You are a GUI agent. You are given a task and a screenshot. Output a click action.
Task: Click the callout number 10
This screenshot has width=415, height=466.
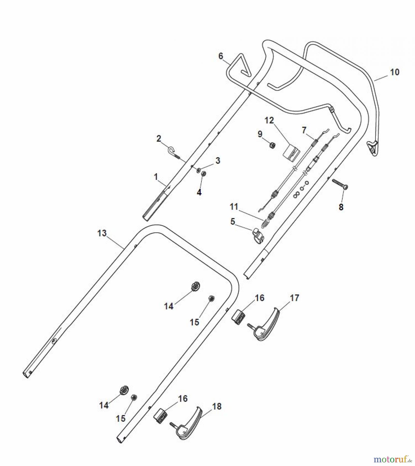[x=395, y=72]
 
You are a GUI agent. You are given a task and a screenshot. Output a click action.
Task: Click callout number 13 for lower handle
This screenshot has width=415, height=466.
[x=102, y=233]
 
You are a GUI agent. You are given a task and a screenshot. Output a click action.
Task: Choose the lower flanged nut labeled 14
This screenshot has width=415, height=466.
[x=124, y=390]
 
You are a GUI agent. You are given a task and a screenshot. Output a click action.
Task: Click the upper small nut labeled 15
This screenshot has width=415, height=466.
[x=211, y=298]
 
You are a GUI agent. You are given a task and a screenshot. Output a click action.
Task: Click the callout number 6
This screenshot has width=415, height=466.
[x=221, y=56]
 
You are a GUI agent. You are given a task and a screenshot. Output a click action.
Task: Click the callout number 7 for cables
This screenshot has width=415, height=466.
[x=304, y=130]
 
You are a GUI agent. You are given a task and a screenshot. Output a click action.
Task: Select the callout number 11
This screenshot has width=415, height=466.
[x=234, y=207]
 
